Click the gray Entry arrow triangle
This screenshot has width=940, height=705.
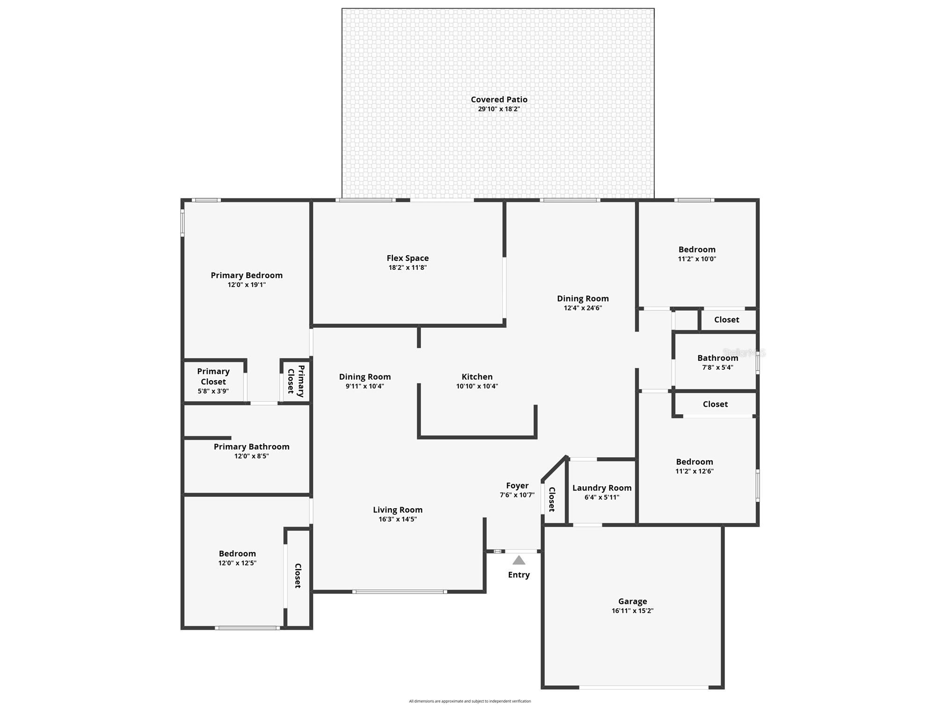(519, 561)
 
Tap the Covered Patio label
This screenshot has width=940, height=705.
(499, 100)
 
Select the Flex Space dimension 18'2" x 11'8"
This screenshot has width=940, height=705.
(407, 268)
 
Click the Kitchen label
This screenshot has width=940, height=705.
(477, 377)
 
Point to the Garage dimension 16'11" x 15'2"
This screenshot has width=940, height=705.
(632, 611)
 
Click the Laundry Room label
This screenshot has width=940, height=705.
(602, 488)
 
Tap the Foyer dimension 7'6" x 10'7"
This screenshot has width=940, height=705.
(517, 495)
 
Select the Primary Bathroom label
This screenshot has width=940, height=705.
(252, 447)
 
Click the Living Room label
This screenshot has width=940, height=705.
(398, 510)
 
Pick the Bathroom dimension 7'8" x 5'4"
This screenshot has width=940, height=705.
(717, 367)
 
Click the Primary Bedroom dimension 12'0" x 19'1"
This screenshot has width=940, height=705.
(246, 285)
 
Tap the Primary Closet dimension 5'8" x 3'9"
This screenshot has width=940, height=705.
(213, 391)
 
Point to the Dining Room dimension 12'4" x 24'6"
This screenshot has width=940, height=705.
(583, 308)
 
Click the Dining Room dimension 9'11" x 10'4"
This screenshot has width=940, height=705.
(365, 386)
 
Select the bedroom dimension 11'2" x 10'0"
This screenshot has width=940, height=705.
(697, 259)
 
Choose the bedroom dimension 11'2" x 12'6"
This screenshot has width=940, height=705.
(694, 471)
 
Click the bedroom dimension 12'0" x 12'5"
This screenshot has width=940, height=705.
(237, 563)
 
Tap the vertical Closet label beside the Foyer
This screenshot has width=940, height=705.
(552, 499)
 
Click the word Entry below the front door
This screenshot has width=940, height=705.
(519, 575)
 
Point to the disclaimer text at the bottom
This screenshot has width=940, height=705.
(470, 701)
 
